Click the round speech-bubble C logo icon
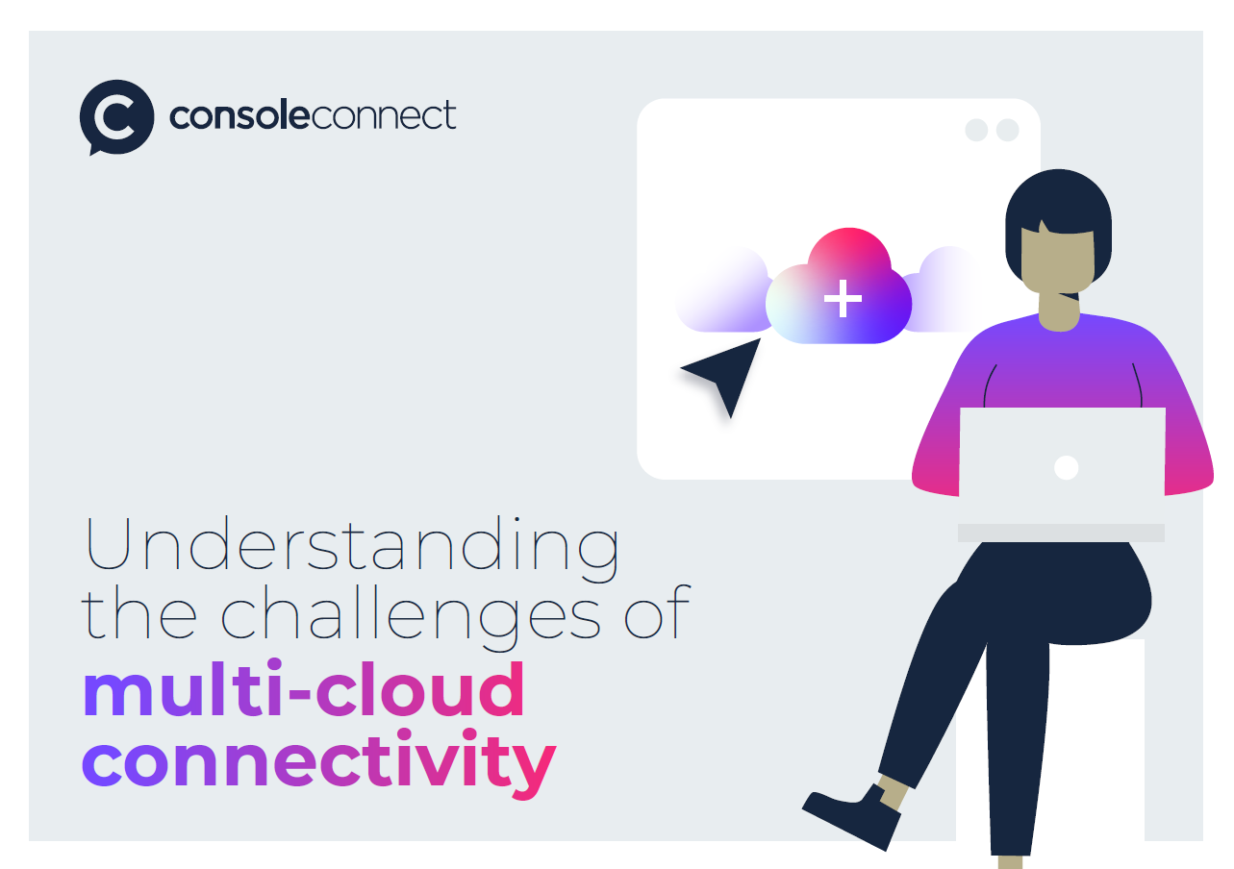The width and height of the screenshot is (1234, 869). pyautogui.click(x=116, y=117)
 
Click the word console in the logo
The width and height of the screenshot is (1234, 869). pyautogui.click(x=239, y=114)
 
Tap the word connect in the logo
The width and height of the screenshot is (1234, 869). pyautogui.click(x=384, y=114)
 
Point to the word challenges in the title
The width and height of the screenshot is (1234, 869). pyautogui.click(x=411, y=618)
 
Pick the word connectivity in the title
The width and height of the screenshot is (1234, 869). pyautogui.click(x=319, y=762)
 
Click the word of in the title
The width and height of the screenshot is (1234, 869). pyautogui.click(x=658, y=611)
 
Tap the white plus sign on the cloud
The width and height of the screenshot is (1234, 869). pyautogui.click(x=843, y=298)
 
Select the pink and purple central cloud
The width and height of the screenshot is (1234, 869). pyautogui.click(x=839, y=286)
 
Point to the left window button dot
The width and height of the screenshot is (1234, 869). pyautogui.click(x=976, y=130)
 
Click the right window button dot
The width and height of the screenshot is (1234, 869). pyautogui.click(x=1008, y=130)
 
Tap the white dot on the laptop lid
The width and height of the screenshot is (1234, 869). pyautogui.click(x=1066, y=467)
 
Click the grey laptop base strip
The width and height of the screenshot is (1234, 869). pyautogui.click(x=1061, y=533)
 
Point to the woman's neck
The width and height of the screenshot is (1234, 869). pyautogui.click(x=1059, y=311)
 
